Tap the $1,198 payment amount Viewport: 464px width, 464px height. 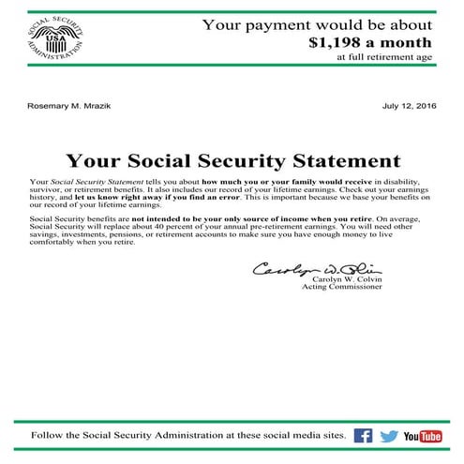[x=370, y=42]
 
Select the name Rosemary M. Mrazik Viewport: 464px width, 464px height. [x=69, y=106]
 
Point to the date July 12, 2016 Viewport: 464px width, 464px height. [x=409, y=106]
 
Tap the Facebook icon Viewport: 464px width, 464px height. [x=363, y=436]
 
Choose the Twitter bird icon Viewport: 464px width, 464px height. [x=390, y=436]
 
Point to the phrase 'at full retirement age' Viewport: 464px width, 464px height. [x=384, y=57]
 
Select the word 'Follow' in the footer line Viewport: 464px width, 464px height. [x=49, y=436]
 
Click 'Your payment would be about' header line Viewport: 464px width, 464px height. [x=318, y=24]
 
